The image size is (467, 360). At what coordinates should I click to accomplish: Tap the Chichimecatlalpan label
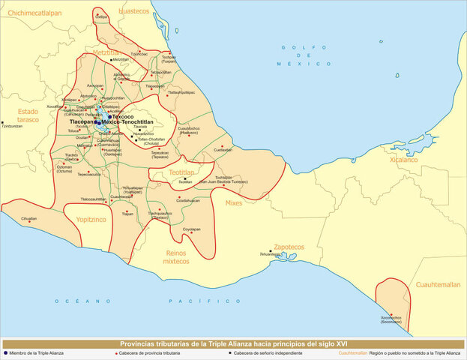click(34, 12)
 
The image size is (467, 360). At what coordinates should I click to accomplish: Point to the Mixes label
click(233, 202)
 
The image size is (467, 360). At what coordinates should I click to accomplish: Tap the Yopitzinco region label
click(91, 222)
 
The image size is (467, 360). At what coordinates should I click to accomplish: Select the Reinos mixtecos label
click(177, 257)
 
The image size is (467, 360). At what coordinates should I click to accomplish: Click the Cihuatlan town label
click(29, 218)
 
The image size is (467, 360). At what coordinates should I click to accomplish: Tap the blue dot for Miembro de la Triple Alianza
click(5, 352)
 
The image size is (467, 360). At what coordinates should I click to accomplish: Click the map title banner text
click(233, 343)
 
